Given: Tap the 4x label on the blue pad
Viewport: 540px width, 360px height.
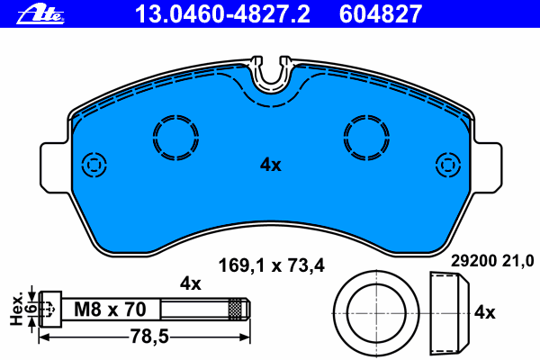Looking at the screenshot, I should (271, 165).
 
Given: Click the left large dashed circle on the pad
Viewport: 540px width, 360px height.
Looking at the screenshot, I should (175, 139).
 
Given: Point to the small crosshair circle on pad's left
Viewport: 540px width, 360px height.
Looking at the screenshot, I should (93, 165).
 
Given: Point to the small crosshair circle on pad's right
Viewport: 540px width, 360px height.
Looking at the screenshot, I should (447, 165).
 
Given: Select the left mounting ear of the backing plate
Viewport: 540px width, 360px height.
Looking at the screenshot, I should (56, 166).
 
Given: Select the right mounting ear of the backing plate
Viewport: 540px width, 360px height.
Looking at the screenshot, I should (484, 166).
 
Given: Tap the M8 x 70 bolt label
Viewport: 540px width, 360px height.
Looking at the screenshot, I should (110, 309).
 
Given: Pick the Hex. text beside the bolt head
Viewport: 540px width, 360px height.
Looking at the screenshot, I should (13, 308).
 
